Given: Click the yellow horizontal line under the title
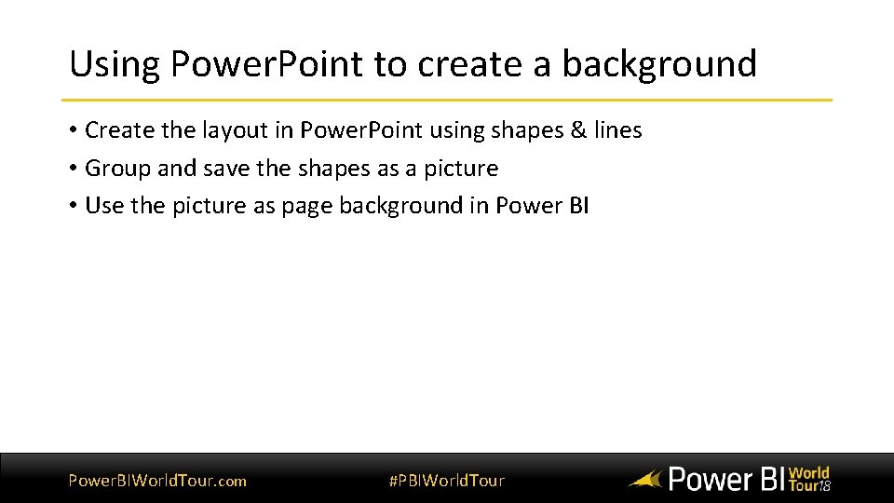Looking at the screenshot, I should (x=447, y=100).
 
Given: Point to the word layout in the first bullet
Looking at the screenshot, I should (x=232, y=130).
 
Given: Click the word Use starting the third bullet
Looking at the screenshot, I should (x=103, y=206).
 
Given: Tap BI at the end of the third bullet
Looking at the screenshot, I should (x=577, y=206).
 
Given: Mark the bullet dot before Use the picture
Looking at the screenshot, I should (x=73, y=206).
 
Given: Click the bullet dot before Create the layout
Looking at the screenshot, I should (x=73, y=130).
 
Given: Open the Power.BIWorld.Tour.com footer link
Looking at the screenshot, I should (x=157, y=481).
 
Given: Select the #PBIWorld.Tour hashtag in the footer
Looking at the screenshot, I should (x=446, y=481).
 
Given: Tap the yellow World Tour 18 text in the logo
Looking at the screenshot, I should (x=808, y=479).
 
